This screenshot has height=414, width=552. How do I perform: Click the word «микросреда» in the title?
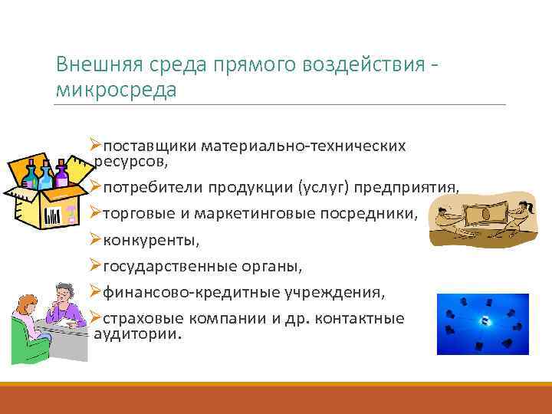click(116, 90)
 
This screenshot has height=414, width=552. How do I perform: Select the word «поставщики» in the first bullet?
click(140, 145)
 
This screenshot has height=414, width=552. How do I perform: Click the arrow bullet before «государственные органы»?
click(97, 265)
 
